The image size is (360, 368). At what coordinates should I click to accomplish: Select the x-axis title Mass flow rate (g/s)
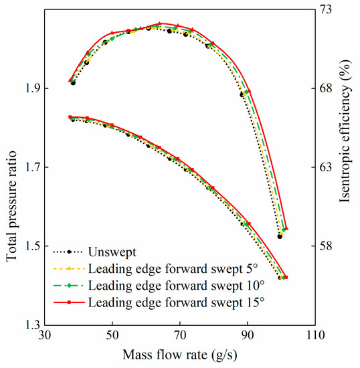pos(179,353)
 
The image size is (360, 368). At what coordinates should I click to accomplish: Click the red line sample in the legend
pos(68,302)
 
